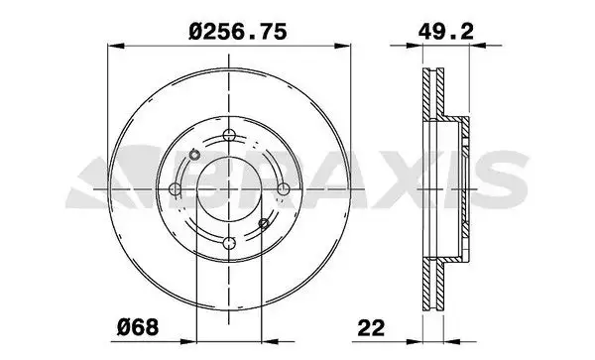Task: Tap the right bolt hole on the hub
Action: pos(282,188)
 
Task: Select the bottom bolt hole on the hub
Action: pos(228,241)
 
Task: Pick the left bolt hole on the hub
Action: pos(176,188)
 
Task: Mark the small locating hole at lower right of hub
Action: pos(263,223)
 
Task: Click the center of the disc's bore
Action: pos(228,188)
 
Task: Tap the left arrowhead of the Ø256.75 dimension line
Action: pos(112,46)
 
